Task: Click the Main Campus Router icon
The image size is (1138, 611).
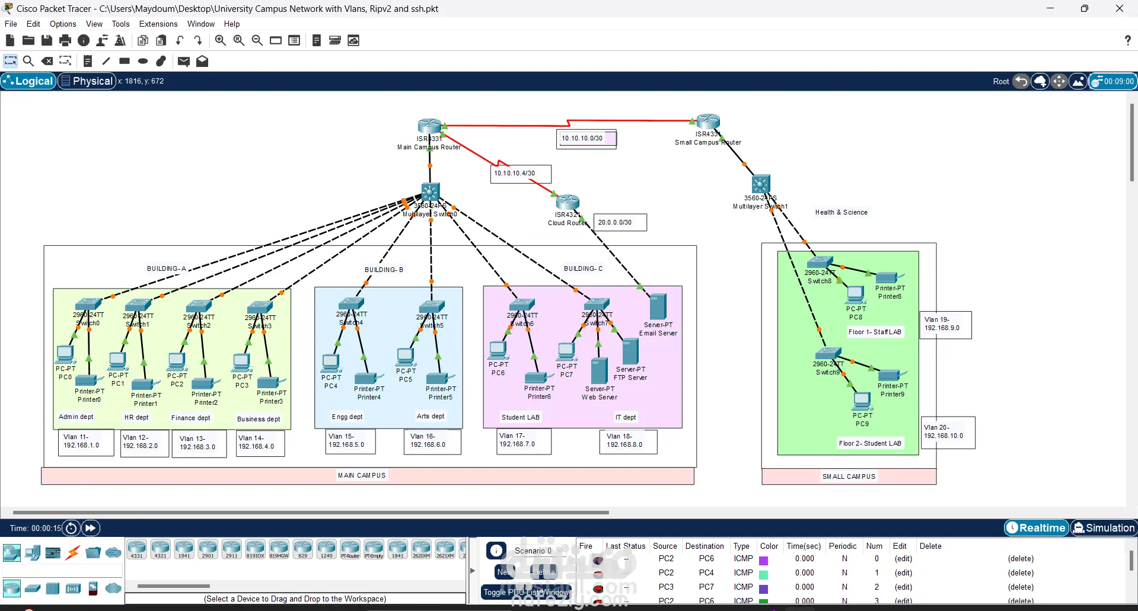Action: click(429, 126)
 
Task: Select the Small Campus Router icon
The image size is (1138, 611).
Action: click(708, 121)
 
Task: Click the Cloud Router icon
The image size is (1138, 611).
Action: click(568, 203)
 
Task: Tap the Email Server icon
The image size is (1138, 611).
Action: click(658, 307)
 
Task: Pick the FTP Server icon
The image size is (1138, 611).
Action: click(630, 352)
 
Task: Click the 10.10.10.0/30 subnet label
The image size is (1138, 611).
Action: click(585, 139)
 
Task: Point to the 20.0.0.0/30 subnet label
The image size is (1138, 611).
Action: click(619, 222)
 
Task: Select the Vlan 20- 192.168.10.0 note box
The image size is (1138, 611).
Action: click(947, 432)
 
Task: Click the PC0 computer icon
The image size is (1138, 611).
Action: click(65, 354)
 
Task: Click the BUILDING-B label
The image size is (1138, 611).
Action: click(384, 270)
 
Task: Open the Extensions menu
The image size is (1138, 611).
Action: click(158, 24)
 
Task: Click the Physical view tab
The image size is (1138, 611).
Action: click(87, 81)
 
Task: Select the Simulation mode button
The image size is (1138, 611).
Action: click(1104, 527)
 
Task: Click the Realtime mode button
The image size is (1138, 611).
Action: click(1037, 527)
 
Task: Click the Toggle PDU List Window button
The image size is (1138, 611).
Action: click(525, 592)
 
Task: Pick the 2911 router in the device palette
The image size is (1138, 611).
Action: click(231, 549)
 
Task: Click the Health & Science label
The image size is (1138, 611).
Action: click(841, 212)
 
